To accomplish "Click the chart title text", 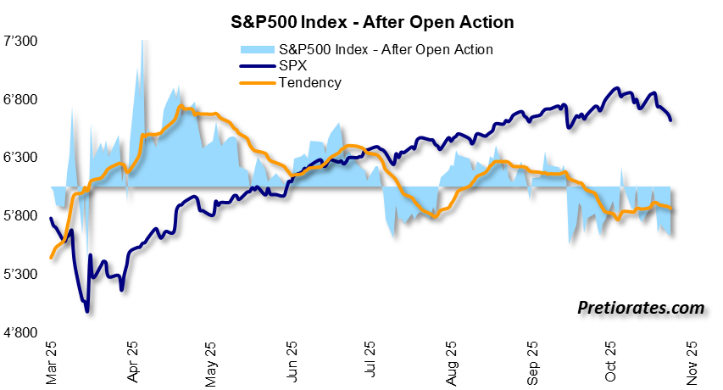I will pyautogui.click(x=360, y=19).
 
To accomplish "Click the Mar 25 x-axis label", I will pyautogui.click(x=52, y=359).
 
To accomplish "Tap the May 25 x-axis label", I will pyautogui.click(x=211, y=359).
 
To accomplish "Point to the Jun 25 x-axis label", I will pyautogui.click(x=292, y=359).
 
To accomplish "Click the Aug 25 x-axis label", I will pyautogui.click(x=451, y=359).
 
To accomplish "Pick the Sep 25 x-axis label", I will pyautogui.click(x=531, y=359).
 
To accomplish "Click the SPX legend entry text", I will pyautogui.click(x=293, y=66).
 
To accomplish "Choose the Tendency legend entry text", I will pyautogui.click(x=309, y=82).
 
